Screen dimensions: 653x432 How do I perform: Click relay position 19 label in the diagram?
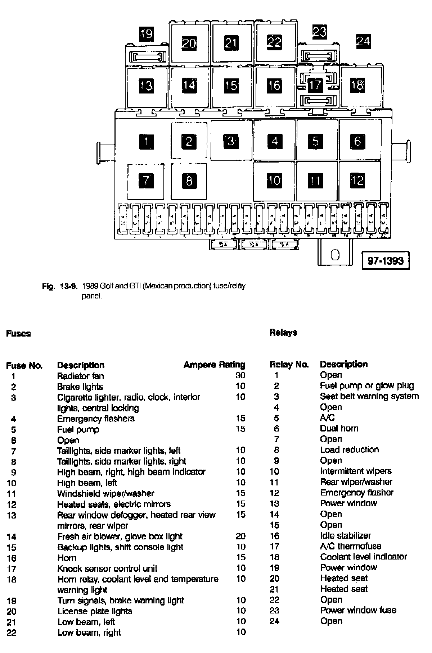(x=146, y=34)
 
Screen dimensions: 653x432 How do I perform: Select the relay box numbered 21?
(x=231, y=43)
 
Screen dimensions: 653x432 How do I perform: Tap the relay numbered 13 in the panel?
(x=146, y=86)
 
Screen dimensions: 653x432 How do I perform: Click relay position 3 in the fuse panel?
(x=231, y=141)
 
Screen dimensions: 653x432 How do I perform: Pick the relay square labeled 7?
(x=146, y=181)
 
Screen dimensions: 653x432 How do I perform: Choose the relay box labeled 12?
(x=357, y=181)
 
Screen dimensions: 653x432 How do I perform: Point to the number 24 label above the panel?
(x=363, y=41)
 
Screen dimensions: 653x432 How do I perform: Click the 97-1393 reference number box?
(x=386, y=260)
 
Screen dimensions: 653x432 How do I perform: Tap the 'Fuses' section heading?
(x=18, y=334)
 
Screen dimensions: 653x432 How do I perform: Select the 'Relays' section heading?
(x=283, y=333)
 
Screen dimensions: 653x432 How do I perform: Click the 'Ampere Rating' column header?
(x=214, y=365)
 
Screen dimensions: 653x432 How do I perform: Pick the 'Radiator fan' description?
(x=80, y=376)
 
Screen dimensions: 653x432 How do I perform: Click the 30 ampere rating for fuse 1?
(x=240, y=376)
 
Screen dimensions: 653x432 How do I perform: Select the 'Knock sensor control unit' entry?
(x=107, y=568)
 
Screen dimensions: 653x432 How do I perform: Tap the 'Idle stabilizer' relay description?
(x=345, y=536)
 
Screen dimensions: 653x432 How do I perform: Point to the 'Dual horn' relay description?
(x=339, y=429)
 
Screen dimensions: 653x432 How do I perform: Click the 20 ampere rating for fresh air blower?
(x=240, y=536)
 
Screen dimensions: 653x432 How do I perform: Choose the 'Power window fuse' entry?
(x=358, y=610)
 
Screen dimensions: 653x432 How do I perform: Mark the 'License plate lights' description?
(x=95, y=611)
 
